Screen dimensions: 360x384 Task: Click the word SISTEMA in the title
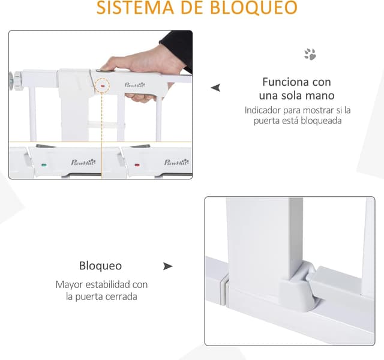pos(133,8)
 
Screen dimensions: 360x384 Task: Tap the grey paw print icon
pos(310,55)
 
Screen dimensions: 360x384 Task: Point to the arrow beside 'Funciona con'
pos(215,88)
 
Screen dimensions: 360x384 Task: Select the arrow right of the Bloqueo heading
pos(167,266)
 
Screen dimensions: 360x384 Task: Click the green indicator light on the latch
pos(43,165)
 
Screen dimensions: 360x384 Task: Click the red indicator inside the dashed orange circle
pos(103,85)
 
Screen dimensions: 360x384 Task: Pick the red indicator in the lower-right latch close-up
pos(137,165)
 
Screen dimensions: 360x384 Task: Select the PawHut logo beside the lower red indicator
pos(176,162)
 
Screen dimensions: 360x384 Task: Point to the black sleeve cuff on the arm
pos(178,48)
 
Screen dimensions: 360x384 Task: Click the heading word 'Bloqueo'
pos(100,266)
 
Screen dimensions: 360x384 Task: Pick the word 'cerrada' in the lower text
pos(121,296)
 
